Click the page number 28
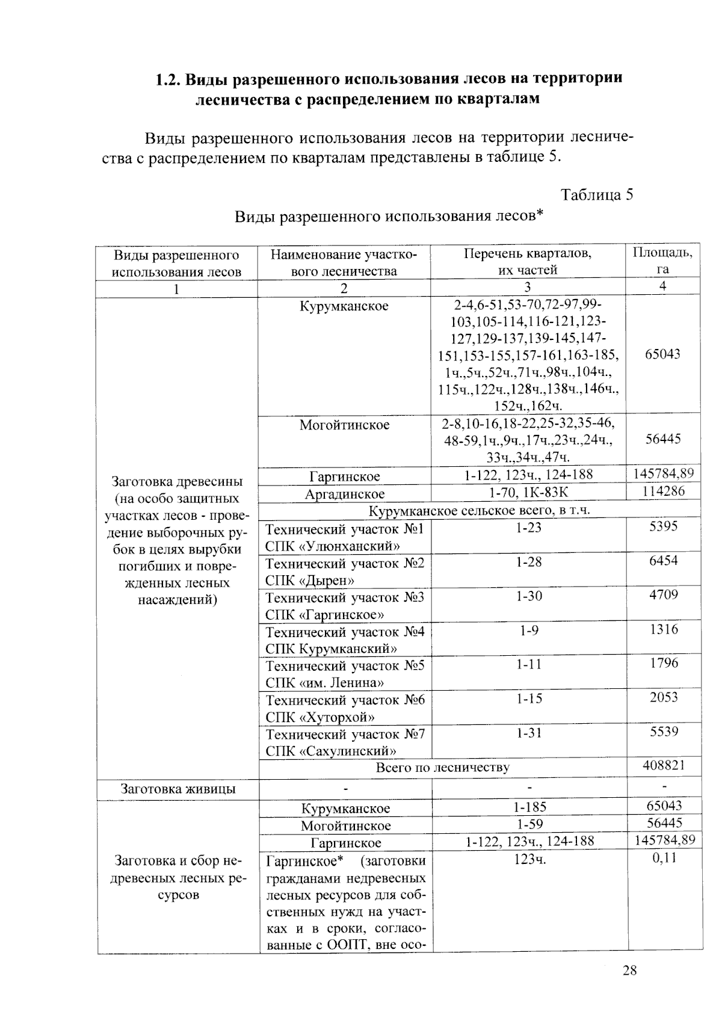click(629, 970)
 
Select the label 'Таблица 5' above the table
click(596, 195)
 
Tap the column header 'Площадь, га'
click(662, 261)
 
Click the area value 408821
click(663, 765)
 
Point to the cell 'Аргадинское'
click(345, 494)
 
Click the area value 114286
click(663, 492)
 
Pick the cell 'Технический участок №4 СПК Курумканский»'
click(345, 640)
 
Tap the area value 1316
click(664, 629)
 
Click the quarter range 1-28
click(528, 562)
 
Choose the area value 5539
click(664, 732)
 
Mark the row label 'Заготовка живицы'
click(178, 789)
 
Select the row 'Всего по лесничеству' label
click(442, 767)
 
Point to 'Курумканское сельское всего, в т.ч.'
click(479, 511)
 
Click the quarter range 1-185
click(529, 807)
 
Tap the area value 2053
click(664, 697)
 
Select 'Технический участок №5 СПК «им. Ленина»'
click(345, 674)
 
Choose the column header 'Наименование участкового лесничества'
click(344, 262)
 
